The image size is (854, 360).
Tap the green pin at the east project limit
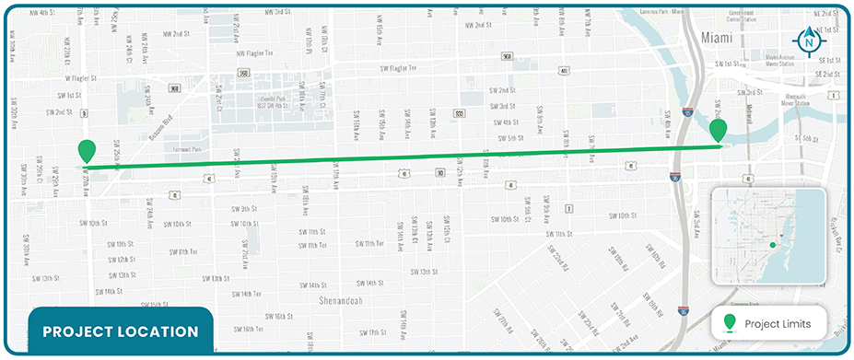click(x=719, y=130)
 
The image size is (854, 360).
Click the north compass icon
click(x=809, y=39)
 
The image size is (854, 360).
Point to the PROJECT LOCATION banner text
click(x=121, y=331)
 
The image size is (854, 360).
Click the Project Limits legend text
click(x=778, y=323)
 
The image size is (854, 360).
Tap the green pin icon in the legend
click(x=731, y=322)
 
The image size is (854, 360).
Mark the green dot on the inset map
click(x=772, y=245)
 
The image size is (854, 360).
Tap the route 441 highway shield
click(x=563, y=70)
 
